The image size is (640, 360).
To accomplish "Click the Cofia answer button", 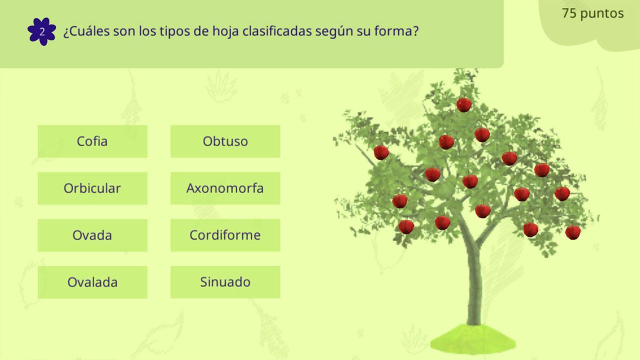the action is coord(92,141).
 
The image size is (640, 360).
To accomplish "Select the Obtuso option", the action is coord(225,141).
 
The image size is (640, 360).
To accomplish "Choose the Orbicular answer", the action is coord(92,188).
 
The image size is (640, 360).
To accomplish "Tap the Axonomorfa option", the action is coord(225,188).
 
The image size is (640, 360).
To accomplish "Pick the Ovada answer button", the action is coord(92,235).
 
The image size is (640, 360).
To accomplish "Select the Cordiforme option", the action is coord(225,235).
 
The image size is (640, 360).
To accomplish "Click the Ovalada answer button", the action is coord(92,282).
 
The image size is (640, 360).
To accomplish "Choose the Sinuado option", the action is coord(225,282).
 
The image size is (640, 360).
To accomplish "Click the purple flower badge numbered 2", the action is coord(41,31).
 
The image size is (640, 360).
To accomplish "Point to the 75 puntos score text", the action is coord(592,13).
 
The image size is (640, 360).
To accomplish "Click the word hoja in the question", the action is coord(225,31).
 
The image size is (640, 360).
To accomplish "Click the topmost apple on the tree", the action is coord(463,104).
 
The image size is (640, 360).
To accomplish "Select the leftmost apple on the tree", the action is coord(381,152).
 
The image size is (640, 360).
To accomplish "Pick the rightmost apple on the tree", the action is coord(573,232).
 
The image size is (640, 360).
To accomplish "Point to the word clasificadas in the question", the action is coord(277,31).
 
